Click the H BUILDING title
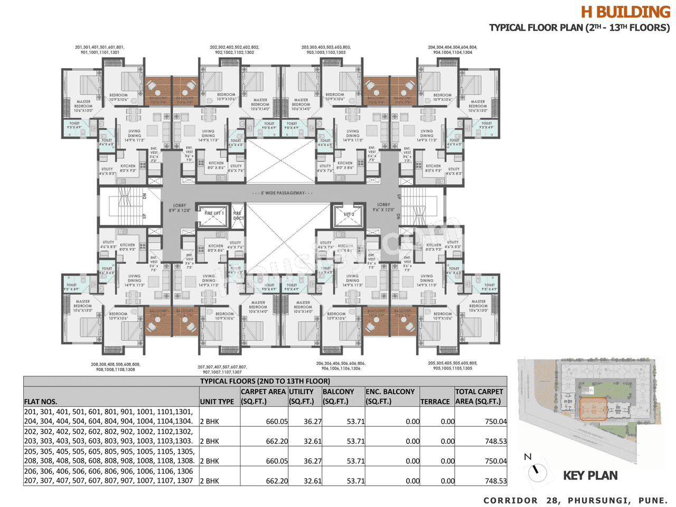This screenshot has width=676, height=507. pyautogui.click(x=625, y=12)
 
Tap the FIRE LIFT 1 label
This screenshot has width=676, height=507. pyautogui.click(x=214, y=213)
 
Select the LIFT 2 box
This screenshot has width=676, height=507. pyautogui.click(x=349, y=214)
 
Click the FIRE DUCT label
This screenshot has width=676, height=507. pyautogui.click(x=238, y=215)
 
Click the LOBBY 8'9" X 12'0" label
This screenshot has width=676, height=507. pyautogui.click(x=180, y=208)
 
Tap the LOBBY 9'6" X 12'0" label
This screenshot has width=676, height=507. pyautogui.click(x=383, y=207)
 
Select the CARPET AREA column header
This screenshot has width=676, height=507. pyautogui.click(x=263, y=396)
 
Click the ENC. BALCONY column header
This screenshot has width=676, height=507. pyautogui.click(x=390, y=396)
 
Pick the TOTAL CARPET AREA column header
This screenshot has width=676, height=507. pyautogui.click(x=479, y=396)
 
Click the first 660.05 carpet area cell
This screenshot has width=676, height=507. pyautogui.click(x=277, y=421)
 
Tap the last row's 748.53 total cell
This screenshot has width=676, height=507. pyautogui.click(x=495, y=481)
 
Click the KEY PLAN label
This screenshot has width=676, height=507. pyautogui.click(x=590, y=476)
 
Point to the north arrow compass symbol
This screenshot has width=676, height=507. pyautogui.click(x=537, y=470)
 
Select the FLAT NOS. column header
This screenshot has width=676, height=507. pyautogui.click(x=41, y=401)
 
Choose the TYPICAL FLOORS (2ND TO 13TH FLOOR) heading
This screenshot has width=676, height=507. pyautogui.click(x=265, y=381)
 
